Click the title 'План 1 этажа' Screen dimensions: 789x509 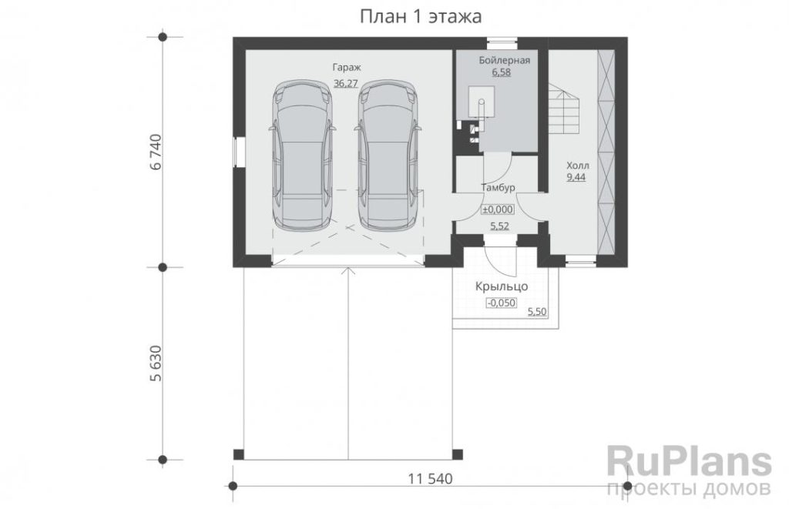[x=421, y=17]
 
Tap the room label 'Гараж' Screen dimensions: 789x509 [x=347, y=67]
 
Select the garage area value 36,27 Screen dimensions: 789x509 [x=346, y=83]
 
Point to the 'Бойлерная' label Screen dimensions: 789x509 [x=504, y=60]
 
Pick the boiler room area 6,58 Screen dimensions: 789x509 [x=501, y=72]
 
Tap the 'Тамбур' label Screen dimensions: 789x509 [x=499, y=188]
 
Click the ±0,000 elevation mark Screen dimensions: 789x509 [x=499, y=209]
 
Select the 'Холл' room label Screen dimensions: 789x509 [x=578, y=166]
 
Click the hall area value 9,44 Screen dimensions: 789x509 [x=576, y=177]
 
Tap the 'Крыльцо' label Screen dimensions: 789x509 [x=502, y=286]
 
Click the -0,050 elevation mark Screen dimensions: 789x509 [x=501, y=303]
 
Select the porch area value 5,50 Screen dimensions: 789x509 [x=537, y=313]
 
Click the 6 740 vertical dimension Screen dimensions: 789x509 [x=156, y=152]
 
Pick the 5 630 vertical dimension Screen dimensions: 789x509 [x=156, y=363]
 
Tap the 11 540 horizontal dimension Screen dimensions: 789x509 [x=430, y=479]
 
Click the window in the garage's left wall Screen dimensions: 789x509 [x=239, y=152]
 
